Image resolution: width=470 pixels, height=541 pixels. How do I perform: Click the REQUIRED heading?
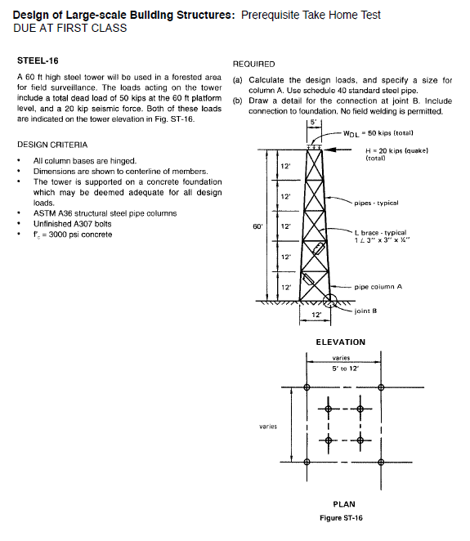(254, 64)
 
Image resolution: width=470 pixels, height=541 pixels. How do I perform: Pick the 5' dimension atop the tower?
(312, 123)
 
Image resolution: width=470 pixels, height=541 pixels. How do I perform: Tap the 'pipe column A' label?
(379, 288)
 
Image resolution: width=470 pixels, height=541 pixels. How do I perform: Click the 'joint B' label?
(365, 311)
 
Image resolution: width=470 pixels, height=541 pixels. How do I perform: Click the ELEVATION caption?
(341, 342)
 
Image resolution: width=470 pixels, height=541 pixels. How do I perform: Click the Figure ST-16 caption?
(341, 517)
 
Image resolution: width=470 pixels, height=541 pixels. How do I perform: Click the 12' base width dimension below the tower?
(315, 315)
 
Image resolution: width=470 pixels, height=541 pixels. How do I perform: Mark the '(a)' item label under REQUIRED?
(238, 80)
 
